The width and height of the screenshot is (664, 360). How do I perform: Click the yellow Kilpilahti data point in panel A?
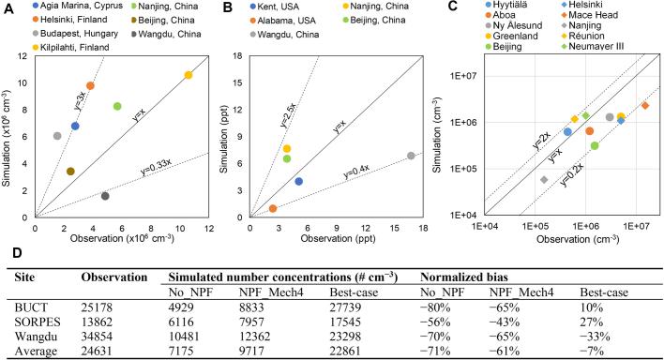[189, 75]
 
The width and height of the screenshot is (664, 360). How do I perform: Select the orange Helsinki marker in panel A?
[90, 86]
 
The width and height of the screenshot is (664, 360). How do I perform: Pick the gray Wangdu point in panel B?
[411, 156]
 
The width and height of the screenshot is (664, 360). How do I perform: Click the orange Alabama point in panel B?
[273, 209]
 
